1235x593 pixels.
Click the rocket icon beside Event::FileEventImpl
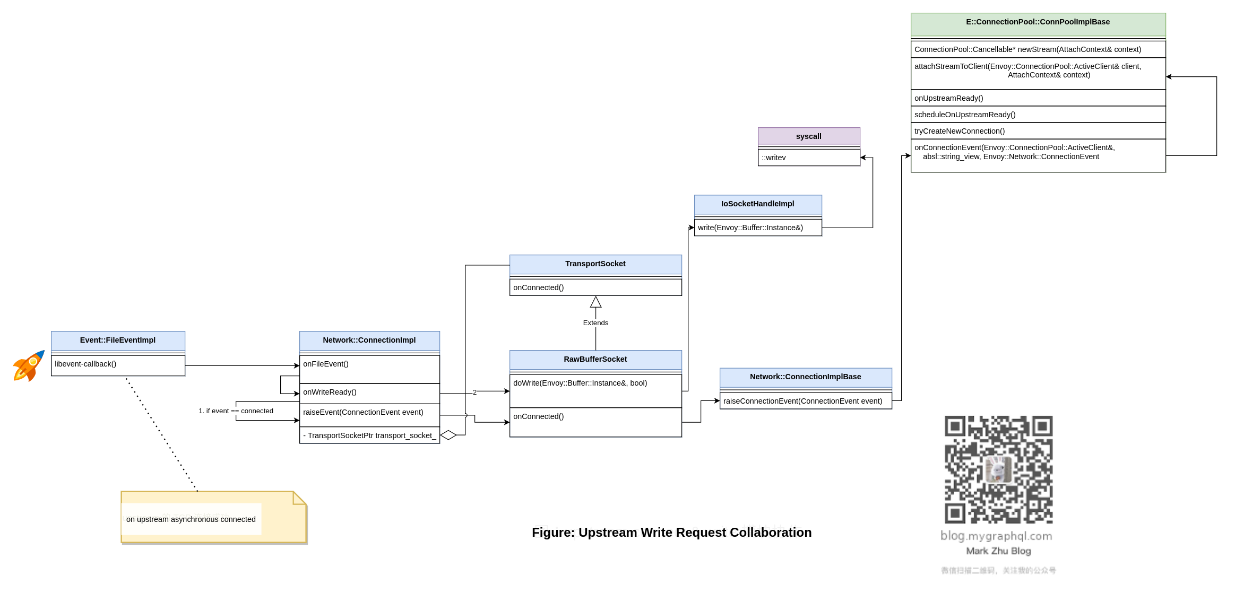click(29, 365)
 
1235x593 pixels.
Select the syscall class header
click(808, 136)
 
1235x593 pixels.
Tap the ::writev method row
click(808, 158)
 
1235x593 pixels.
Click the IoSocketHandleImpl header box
click(757, 204)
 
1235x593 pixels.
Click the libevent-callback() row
click(118, 364)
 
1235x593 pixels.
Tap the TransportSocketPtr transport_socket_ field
click(369, 435)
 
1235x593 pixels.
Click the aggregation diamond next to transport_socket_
click(448, 435)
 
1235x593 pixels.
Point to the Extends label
click(595, 323)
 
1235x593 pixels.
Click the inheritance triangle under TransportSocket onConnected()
click(595, 302)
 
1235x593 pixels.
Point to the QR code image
click(998, 470)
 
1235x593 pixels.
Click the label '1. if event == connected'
click(236, 411)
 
